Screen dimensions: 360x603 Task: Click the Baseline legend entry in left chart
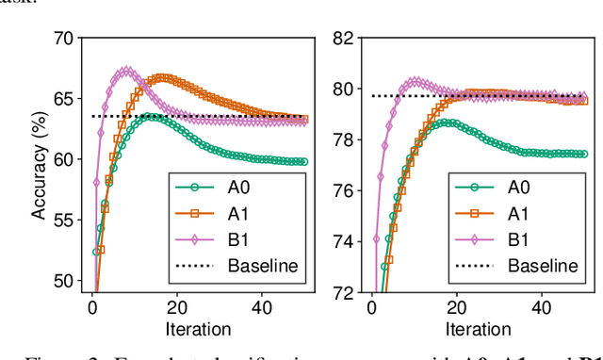(263, 265)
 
